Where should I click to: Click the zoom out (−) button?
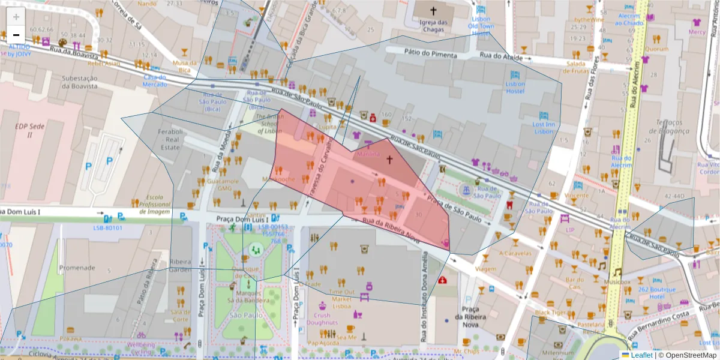[16, 34]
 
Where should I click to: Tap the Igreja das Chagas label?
[434, 26]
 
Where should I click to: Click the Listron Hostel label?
[515, 88]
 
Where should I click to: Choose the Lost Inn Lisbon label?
[543, 128]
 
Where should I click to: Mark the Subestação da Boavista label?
[80, 82]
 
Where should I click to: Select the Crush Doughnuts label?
[322, 319]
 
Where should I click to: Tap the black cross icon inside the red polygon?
[389, 160]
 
